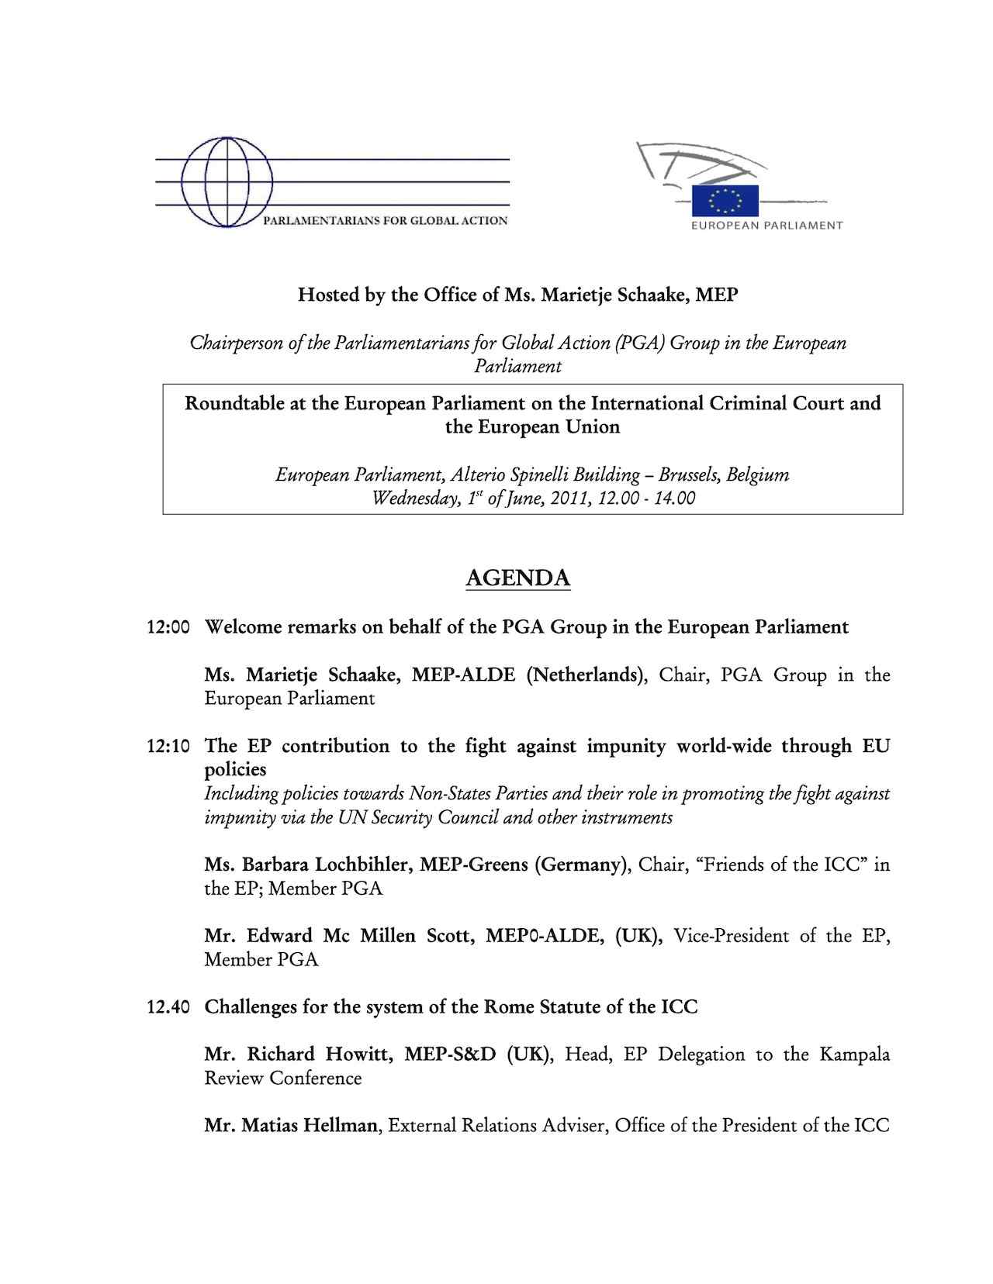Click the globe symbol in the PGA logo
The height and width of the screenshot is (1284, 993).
coord(227,182)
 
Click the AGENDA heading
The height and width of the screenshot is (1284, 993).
coord(518,578)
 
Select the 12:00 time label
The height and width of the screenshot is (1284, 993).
coord(168,627)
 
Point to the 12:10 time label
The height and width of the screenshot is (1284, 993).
coord(168,747)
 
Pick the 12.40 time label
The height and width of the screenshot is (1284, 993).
coord(168,1007)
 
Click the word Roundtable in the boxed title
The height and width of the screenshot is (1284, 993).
coord(233,404)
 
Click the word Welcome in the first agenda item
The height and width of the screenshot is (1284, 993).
coord(243,627)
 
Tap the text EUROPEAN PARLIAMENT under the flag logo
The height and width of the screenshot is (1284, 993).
coord(766,226)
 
